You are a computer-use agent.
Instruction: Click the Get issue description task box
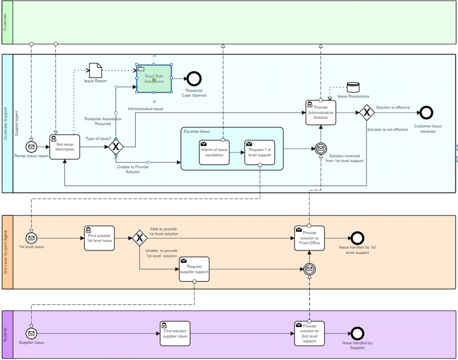pos(65,147)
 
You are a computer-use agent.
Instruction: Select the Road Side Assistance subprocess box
pos(154,78)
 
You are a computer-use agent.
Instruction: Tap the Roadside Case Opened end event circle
pos(194,78)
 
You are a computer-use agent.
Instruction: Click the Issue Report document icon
pos(95,70)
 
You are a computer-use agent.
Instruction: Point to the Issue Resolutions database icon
pos(353,87)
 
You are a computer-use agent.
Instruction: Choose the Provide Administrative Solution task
pos(321,112)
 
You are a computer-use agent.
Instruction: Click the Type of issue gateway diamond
pos(115,147)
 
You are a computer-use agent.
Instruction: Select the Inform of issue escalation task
pos(214,152)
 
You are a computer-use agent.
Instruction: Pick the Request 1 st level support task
pos(260,152)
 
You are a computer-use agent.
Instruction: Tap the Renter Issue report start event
pos(31,147)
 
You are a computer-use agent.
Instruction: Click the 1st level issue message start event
pos(31,238)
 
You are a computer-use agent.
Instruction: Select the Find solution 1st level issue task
pos(99,238)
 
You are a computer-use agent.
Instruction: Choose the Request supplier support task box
pos(194,269)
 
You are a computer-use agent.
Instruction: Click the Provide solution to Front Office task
pos(309,238)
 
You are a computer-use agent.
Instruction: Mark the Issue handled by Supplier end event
pos(357,333)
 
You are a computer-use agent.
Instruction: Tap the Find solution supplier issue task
pos(175,333)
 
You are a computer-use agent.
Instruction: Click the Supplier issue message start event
pos(31,333)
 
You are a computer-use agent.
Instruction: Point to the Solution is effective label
pos(393,107)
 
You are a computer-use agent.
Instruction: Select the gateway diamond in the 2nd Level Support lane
pos(140,238)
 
